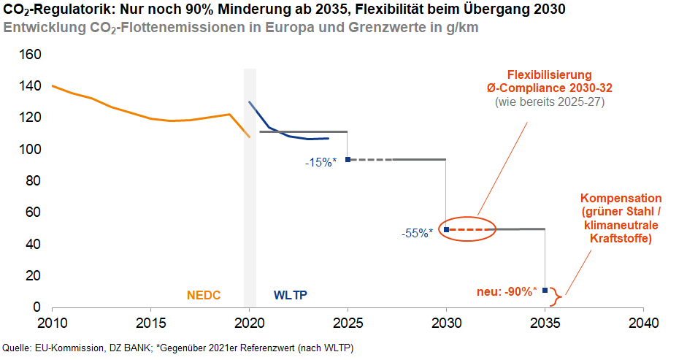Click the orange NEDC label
click(204, 296)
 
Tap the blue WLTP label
click(291, 296)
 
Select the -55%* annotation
click(417, 233)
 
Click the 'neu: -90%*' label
click(507, 291)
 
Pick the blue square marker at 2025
click(348, 159)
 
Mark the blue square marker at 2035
click(545, 290)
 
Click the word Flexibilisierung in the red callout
click(549, 75)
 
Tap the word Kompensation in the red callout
click(621, 199)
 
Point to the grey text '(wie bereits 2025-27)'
click(550, 102)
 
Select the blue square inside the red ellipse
click(447, 229)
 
